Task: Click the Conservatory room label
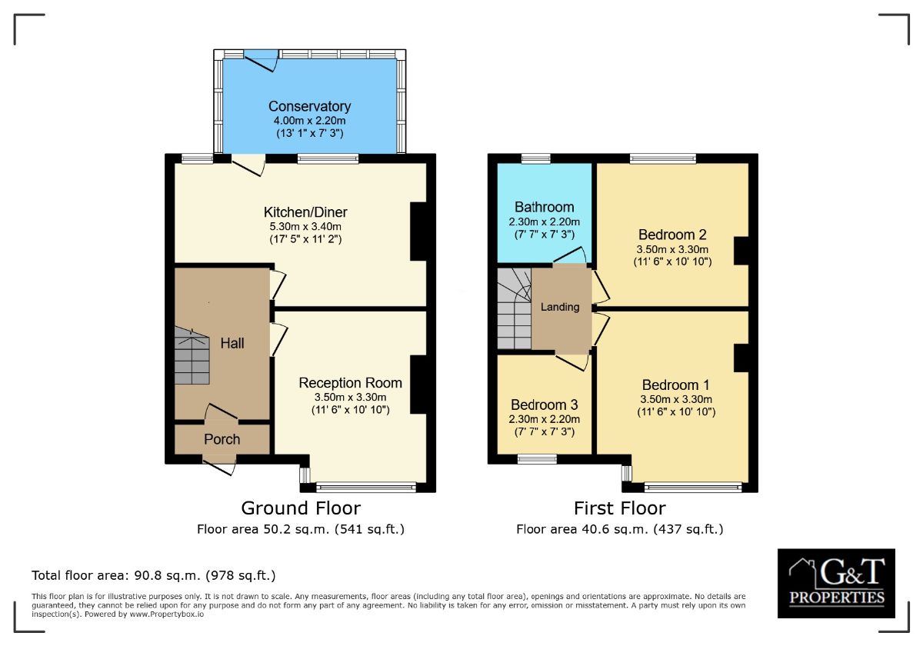point(309,107)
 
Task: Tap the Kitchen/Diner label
point(301,212)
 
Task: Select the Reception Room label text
point(350,383)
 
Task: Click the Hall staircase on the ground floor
point(192,355)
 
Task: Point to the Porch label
point(222,440)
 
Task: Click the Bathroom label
point(544,207)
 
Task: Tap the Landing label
point(560,307)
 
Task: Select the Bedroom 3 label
point(544,405)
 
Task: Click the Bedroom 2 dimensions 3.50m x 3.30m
point(672,249)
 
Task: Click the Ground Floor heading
point(301,508)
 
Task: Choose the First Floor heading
point(619,508)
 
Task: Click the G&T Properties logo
point(836,583)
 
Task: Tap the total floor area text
point(153,575)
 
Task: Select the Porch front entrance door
point(220,463)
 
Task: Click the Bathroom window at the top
point(535,159)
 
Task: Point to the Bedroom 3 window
point(536,460)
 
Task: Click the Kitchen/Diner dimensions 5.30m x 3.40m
point(302,226)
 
